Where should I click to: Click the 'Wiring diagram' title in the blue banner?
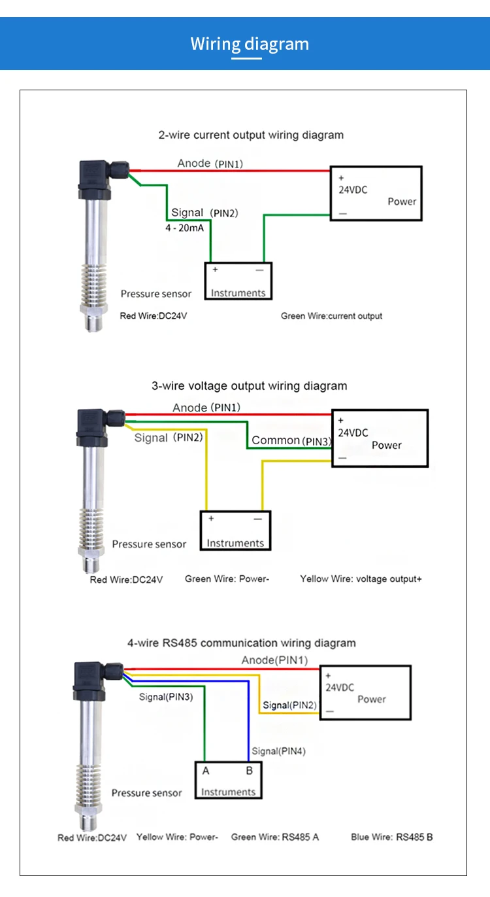click(250, 44)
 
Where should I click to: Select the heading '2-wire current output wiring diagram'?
click(251, 135)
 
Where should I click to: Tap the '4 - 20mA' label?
click(184, 228)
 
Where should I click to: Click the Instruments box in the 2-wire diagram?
click(238, 281)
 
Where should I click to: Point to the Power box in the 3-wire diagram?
click(380, 438)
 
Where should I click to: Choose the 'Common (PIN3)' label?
click(291, 440)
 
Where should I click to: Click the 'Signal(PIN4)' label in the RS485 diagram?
click(278, 751)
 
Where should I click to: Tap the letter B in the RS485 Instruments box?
click(249, 771)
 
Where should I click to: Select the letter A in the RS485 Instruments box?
click(206, 771)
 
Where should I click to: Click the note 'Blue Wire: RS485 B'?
click(391, 837)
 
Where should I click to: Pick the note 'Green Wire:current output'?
click(331, 316)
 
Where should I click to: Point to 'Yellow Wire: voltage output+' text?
click(361, 578)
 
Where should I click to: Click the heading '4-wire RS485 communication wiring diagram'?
click(242, 642)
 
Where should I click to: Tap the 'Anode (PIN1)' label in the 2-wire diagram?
click(210, 164)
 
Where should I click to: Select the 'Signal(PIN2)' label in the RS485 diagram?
click(289, 705)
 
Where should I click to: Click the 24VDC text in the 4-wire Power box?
click(340, 688)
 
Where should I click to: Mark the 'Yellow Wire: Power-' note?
click(177, 837)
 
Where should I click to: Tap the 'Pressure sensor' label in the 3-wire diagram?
click(149, 544)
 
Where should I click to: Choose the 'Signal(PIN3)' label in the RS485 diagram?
click(166, 697)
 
